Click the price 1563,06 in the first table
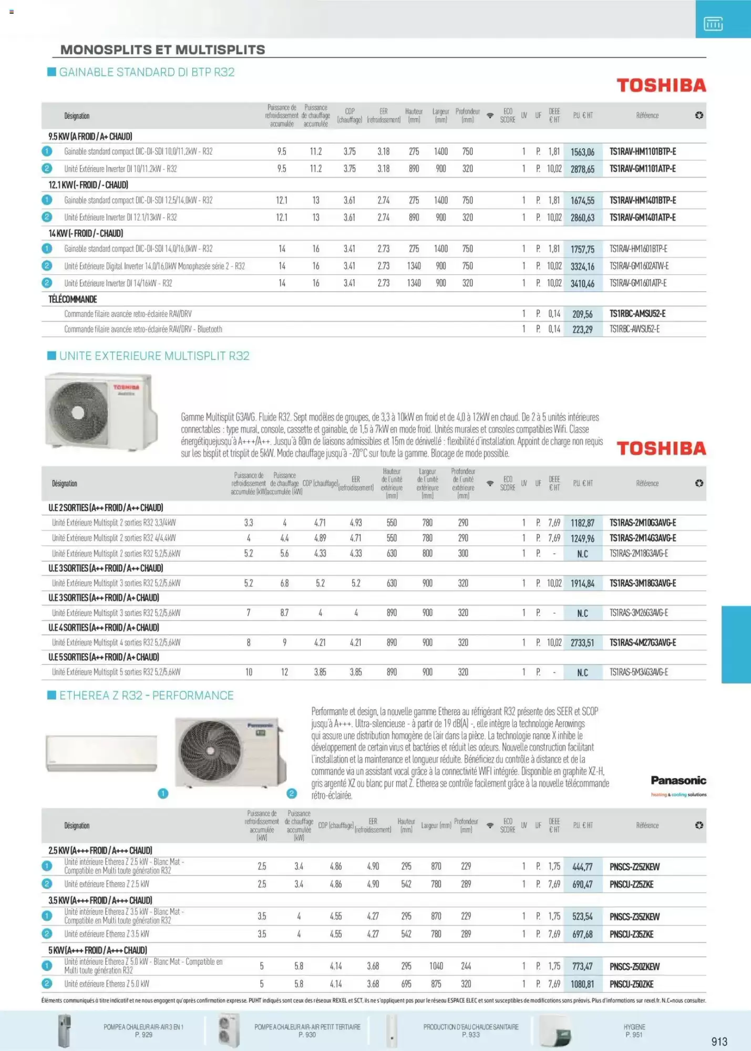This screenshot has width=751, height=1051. pos(582,152)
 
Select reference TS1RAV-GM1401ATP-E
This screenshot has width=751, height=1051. pos(642,218)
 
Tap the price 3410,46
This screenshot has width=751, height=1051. pos(582,284)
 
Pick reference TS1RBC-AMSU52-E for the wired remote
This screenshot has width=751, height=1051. pos(637,314)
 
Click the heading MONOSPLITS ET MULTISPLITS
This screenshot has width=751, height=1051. pos(162,50)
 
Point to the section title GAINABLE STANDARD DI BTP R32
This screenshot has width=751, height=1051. pos(147,73)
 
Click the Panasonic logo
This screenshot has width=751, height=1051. pos(678,781)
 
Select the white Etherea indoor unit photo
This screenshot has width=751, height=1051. pos(101,753)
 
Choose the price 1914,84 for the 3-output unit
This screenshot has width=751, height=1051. pos(582,584)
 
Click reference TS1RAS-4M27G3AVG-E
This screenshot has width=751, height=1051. pos(642,643)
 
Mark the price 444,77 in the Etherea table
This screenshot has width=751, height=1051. pos(582,867)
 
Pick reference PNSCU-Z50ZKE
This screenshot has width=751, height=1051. pos(631,984)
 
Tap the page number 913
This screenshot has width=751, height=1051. pos(719,1042)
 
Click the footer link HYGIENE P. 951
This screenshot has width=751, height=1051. pos(634,1031)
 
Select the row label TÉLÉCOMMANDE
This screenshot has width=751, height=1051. pos(73,300)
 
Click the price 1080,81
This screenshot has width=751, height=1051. pos(582,984)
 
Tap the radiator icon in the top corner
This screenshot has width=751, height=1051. pos(713,24)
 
